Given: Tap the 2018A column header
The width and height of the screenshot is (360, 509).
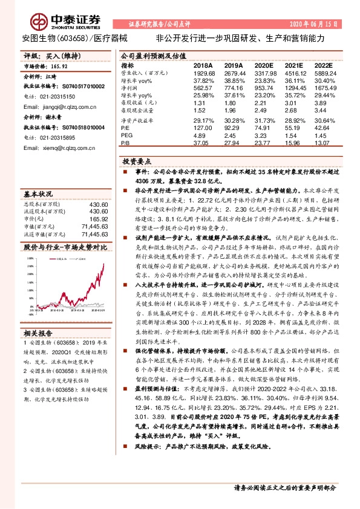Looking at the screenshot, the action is (x=203, y=65).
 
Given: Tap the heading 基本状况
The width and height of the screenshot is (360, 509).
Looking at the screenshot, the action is (x=38, y=194).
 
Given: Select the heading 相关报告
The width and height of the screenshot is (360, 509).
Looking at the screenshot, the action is (x=38, y=332).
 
